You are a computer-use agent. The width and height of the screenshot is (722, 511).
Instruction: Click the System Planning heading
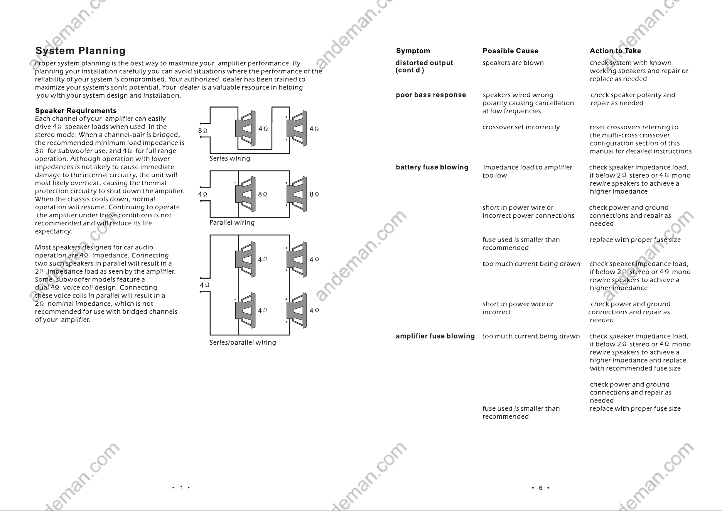point(81,51)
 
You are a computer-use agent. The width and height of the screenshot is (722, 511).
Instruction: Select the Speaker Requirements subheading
point(76,111)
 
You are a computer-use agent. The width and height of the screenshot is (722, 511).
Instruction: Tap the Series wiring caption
point(230,159)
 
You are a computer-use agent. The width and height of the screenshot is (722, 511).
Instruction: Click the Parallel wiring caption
point(232,223)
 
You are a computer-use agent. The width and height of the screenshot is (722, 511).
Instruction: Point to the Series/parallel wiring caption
point(243,343)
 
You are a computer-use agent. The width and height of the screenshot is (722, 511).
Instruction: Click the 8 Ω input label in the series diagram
point(203,131)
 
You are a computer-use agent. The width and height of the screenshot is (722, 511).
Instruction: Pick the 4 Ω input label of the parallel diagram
point(202,195)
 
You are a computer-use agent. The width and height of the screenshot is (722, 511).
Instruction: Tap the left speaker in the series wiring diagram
point(245,129)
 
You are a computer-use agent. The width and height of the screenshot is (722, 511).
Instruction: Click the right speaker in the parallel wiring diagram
point(297,195)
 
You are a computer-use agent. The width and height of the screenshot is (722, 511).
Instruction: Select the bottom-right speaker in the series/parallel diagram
point(297,311)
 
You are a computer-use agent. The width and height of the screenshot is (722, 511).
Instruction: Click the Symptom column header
point(413,51)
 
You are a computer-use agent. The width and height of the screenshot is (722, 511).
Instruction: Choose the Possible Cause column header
point(511,51)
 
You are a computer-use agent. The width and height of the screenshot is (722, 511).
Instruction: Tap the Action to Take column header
point(615,51)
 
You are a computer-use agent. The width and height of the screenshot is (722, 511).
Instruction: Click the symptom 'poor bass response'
point(431,95)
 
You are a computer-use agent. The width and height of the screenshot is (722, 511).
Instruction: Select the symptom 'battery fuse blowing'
point(432,167)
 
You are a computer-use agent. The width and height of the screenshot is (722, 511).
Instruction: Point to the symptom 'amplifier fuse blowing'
point(435,336)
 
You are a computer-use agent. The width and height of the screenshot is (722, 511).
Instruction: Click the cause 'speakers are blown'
point(513,63)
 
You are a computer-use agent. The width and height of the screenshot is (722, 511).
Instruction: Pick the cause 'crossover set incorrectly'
point(521,127)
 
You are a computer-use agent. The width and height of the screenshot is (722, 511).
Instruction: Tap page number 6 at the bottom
point(540,488)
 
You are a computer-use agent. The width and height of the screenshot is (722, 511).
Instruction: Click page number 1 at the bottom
point(181,488)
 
